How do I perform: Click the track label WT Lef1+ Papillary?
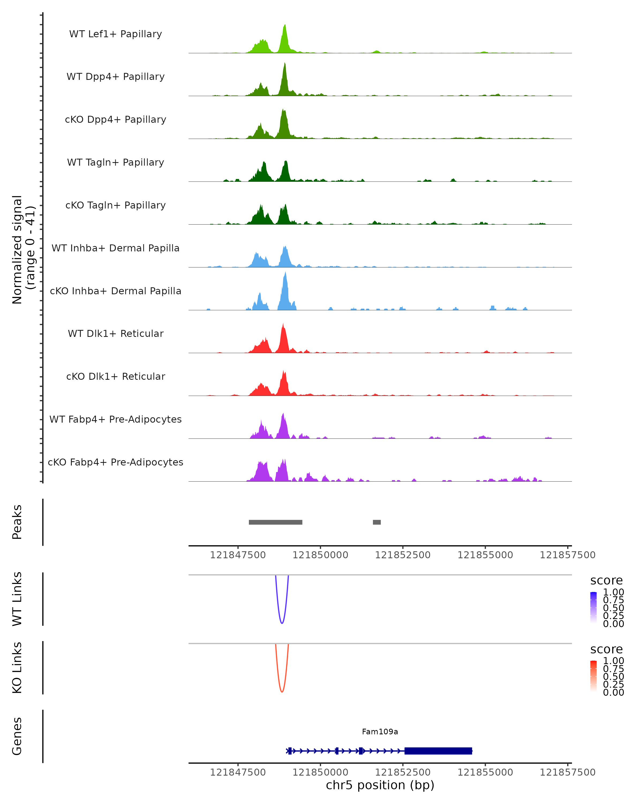tap(115, 34)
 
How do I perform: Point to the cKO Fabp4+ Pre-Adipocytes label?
tap(115, 462)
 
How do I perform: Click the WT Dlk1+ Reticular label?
tap(115, 333)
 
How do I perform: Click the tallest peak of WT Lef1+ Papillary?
tap(285, 26)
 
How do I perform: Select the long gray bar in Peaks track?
tap(275, 522)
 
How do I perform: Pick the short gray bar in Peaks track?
tap(377, 522)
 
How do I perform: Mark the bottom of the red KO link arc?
tap(282, 692)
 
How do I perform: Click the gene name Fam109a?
tap(380, 732)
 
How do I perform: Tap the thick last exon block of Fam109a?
tap(438, 751)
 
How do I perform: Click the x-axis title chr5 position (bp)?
tap(380, 785)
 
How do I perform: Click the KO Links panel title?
tap(17, 668)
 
